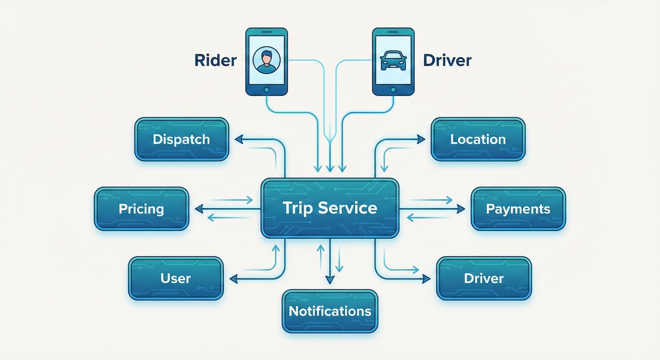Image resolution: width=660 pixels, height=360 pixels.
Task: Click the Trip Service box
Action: (x=329, y=208)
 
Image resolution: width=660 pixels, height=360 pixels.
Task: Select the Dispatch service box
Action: (x=181, y=139)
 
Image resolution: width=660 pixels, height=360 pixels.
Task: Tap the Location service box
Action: (x=477, y=139)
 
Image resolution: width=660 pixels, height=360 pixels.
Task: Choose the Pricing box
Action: (x=141, y=209)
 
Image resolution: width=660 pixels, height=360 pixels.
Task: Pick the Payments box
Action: (x=518, y=209)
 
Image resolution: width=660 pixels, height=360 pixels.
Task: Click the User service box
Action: (x=175, y=279)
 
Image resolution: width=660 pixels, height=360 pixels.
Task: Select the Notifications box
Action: (x=329, y=311)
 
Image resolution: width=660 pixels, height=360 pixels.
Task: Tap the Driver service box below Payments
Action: (x=483, y=279)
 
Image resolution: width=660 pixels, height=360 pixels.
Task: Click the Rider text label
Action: (x=216, y=60)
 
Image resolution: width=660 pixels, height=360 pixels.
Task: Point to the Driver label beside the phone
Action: (x=447, y=60)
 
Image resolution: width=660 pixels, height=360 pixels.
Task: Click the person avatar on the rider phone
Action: (x=266, y=60)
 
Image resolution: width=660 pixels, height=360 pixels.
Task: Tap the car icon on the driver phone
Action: (x=393, y=61)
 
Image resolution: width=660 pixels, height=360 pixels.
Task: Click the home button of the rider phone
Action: (x=266, y=89)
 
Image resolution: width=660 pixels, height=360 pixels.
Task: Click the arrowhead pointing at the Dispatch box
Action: (x=238, y=139)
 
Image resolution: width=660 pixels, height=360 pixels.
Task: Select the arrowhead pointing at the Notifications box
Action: (x=329, y=280)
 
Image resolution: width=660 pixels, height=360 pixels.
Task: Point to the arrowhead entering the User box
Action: (x=233, y=279)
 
